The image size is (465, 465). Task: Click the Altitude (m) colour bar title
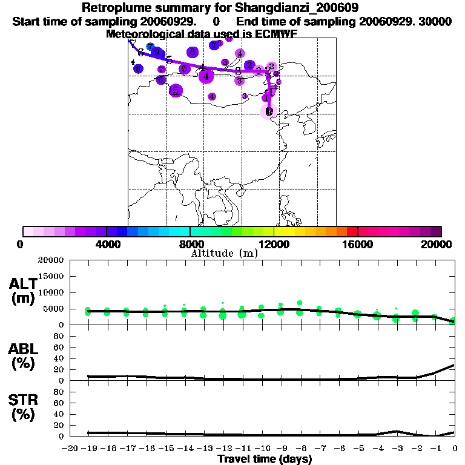224,253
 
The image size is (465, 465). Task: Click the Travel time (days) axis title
265,459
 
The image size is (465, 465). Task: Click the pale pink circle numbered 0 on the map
269,111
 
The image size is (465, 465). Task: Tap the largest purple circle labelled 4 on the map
206,76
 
